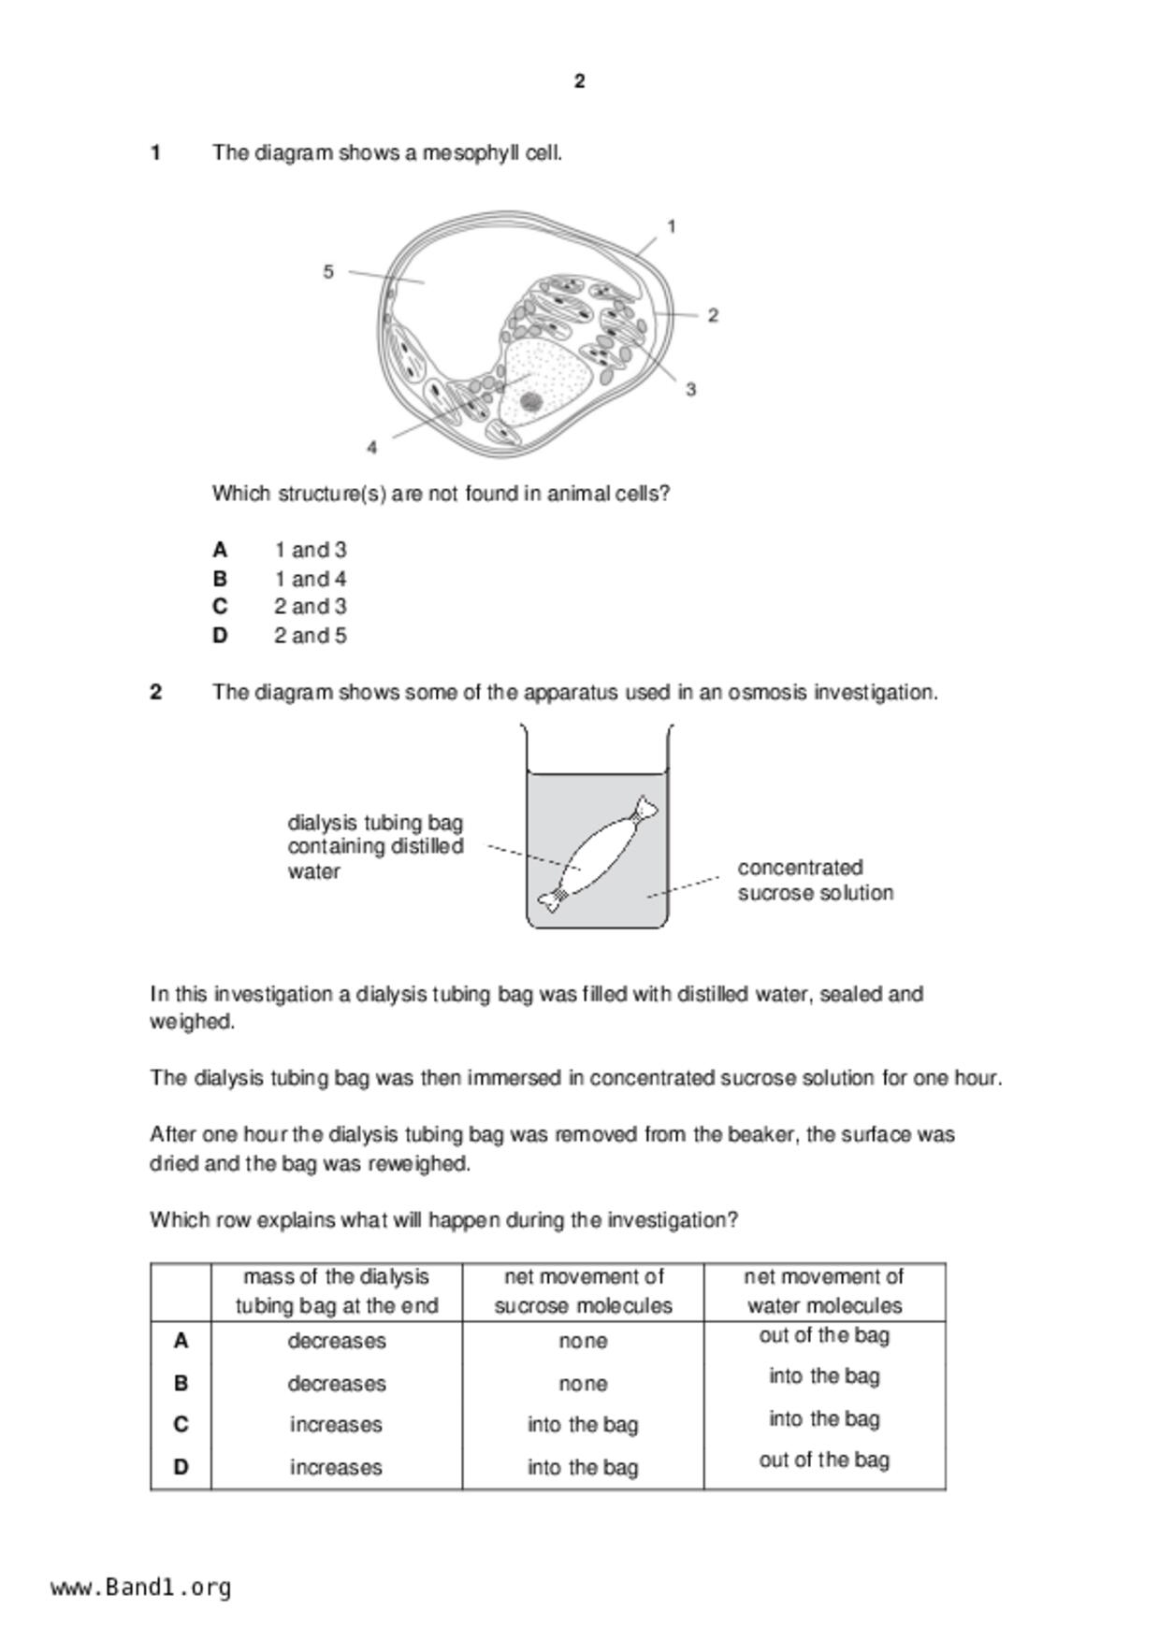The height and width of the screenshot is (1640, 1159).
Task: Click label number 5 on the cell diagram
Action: pos(328,272)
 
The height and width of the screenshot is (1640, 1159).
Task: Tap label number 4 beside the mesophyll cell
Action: pos(372,448)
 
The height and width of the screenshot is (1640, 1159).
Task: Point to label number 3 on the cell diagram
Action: pos(691,390)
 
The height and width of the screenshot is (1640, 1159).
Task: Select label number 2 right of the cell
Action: pos(713,316)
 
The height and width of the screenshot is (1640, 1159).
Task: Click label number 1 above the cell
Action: pos(672,226)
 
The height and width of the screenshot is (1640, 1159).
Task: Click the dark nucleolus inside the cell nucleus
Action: pos(530,402)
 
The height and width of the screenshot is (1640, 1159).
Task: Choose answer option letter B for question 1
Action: pos(220,579)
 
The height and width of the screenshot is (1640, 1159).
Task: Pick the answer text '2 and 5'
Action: pos(310,636)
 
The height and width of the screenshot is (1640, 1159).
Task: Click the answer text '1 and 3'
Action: pos(310,550)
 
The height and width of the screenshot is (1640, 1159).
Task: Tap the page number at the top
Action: pos(580,81)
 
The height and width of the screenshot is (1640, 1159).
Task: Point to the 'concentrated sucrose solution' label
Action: pos(815,880)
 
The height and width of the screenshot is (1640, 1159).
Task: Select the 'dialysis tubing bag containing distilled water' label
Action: pos(375,847)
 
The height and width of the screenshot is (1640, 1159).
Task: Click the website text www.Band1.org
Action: pos(141,1588)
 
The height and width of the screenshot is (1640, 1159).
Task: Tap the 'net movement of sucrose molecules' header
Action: pos(583,1291)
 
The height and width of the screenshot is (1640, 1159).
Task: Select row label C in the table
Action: pos(181,1424)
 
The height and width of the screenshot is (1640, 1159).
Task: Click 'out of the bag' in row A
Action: pos(824,1335)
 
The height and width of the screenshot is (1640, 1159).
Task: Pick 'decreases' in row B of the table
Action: pos(337,1383)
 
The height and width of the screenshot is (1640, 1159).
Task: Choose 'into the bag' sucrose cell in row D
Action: pos(583,1467)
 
